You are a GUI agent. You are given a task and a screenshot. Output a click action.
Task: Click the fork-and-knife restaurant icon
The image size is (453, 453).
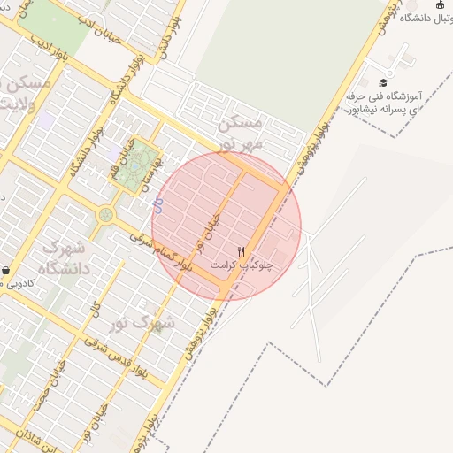tap(242, 251)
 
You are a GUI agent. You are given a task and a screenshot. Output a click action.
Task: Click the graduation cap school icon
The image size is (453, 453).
tap(382, 82)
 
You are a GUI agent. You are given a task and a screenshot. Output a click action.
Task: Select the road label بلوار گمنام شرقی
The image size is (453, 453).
tap(161, 251)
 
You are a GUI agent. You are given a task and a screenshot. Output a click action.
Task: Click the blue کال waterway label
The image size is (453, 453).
tap(157, 204)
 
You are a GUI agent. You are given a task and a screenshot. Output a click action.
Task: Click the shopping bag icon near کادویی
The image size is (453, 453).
tap(6, 270)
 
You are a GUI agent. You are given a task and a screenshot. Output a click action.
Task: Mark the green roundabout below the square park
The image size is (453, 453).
tap(106, 213)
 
